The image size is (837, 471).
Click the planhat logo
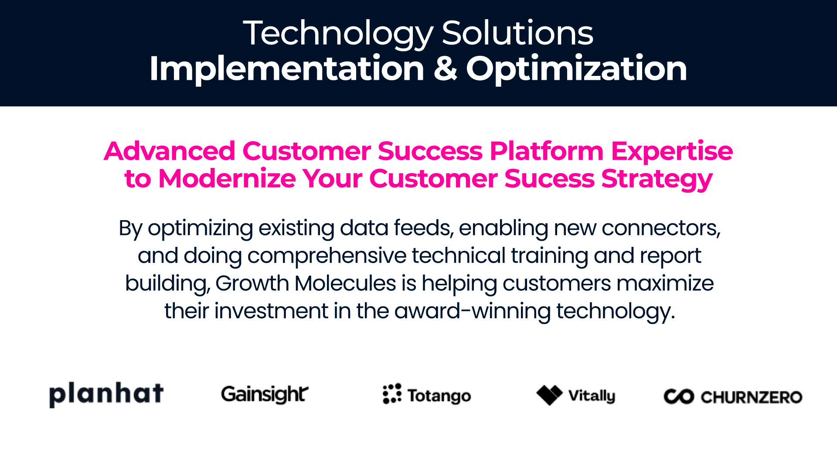(106, 394)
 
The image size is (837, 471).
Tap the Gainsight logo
(265, 395)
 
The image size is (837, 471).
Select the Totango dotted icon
(392, 394)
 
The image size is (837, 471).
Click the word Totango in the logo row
(439, 396)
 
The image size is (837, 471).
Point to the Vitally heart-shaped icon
(550, 395)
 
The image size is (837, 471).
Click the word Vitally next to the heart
(592, 396)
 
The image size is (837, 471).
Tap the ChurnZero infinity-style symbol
(679, 396)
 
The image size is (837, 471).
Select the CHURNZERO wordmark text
(752, 397)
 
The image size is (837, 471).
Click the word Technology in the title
(338, 34)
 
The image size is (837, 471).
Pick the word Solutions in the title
(517, 33)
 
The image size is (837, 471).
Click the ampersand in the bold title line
(445, 68)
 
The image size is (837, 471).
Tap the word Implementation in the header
(287, 68)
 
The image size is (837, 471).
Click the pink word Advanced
(170, 151)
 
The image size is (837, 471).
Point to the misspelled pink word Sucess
(549, 178)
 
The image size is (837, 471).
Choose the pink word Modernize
(227, 178)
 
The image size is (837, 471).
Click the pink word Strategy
(657, 179)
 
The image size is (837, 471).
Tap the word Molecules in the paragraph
(345, 283)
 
